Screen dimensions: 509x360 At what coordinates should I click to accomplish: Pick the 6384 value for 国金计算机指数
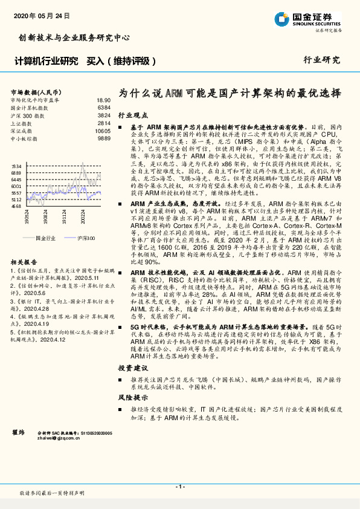[x=104, y=107]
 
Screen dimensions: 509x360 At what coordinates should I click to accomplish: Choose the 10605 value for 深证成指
[x=103, y=131]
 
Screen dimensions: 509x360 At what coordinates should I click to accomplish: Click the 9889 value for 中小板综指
[x=104, y=138]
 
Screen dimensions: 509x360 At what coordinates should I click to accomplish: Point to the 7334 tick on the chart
[x=16, y=166]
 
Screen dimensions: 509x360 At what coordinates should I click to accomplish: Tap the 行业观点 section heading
[x=132, y=114]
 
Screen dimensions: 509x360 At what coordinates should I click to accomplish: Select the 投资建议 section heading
[x=132, y=368]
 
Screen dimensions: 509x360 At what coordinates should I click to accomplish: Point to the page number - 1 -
[x=179, y=487]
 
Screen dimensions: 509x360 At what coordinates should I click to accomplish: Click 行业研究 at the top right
[x=321, y=60]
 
